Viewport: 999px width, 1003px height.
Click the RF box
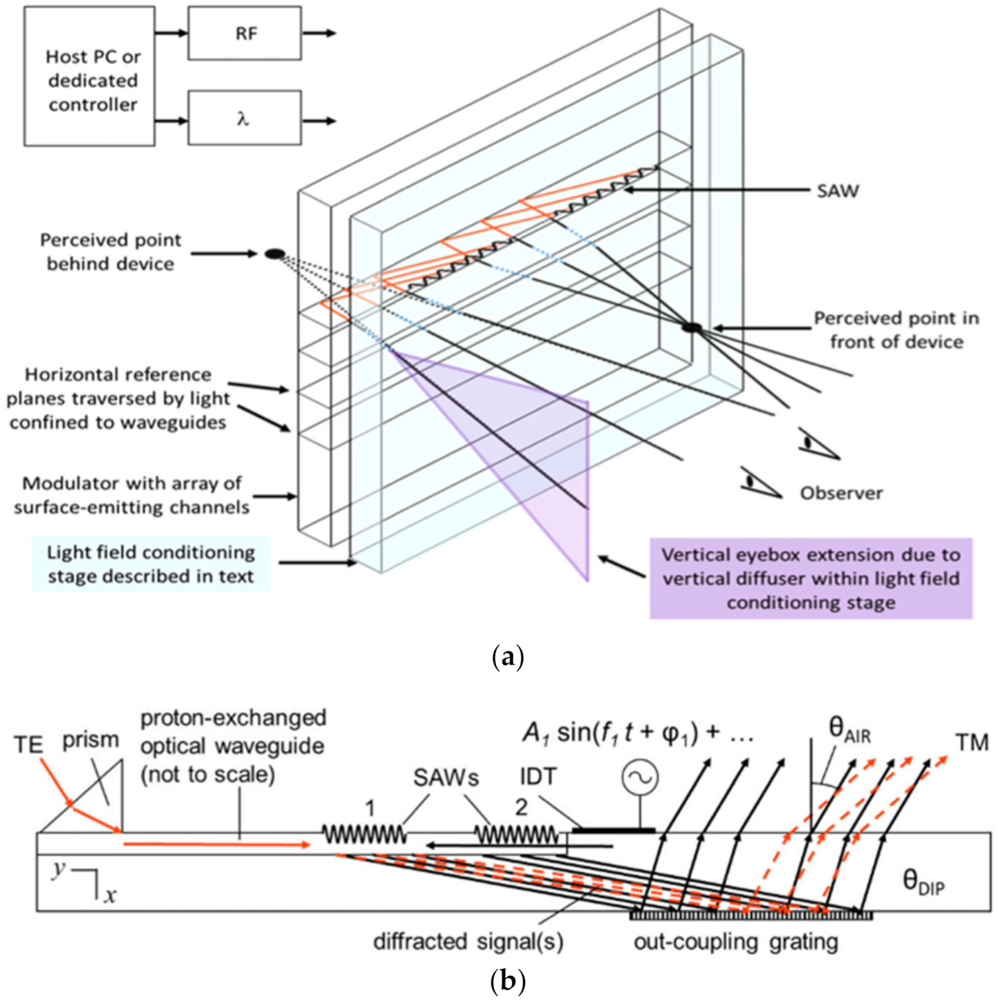[x=244, y=33]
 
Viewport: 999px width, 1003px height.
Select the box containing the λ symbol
[x=244, y=118]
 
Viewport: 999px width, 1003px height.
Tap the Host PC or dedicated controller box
[x=89, y=76]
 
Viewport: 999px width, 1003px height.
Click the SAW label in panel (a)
[x=837, y=191]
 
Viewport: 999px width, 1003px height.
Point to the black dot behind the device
[x=275, y=254]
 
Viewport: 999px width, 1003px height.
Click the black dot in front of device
[x=692, y=327]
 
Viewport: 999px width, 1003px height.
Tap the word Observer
[x=841, y=493]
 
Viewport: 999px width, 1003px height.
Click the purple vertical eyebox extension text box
[x=811, y=578]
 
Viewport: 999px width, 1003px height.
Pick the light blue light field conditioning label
[x=151, y=564]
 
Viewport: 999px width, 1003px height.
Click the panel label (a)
[x=507, y=657]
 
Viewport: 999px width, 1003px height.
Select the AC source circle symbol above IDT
[x=640, y=777]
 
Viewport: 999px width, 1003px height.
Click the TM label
[x=972, y=743]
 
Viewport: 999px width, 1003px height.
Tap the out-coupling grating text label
[x=736, y=941]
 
